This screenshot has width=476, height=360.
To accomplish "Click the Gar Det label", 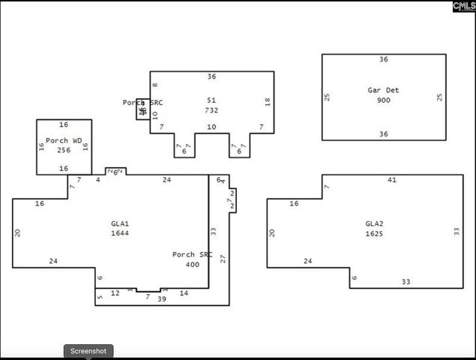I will click(x=383, y=90).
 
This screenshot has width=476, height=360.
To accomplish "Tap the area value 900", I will click(x=383, y=100).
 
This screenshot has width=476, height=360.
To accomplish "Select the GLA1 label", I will click(x=120, y=223).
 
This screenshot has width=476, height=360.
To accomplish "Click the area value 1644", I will click(x=120, y=233).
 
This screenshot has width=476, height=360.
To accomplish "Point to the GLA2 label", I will click(x=374, y=223).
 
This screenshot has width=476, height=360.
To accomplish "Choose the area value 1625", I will click(x=374, y=233).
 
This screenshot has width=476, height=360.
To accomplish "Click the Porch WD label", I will click(x=64, y=140).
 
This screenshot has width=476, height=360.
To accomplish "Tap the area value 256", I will click(x=64, y=150).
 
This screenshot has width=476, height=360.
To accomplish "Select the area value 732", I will click(x=211, y=109).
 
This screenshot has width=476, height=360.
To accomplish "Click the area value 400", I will click(x=193, y=265).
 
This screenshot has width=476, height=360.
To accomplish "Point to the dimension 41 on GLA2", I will click(x=391, y=180).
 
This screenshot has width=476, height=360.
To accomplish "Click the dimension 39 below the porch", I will click(x=161, y=299).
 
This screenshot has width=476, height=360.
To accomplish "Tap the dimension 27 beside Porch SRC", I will click(x=223, y=258).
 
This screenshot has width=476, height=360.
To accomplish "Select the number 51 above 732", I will click(x=211, y=100).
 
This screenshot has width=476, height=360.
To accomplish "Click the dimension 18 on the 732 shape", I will click(x=268, y=102).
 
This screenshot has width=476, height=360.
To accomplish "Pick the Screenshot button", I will click(x=88, y=351).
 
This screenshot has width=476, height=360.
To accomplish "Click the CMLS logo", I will click(x=463, y=6).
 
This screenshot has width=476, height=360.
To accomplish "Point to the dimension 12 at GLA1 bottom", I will click(x=115, y=293).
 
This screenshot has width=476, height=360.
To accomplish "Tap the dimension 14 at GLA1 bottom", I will click(x=184, y=293).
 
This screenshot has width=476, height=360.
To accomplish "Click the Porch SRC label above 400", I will click(x=193, y=255).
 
